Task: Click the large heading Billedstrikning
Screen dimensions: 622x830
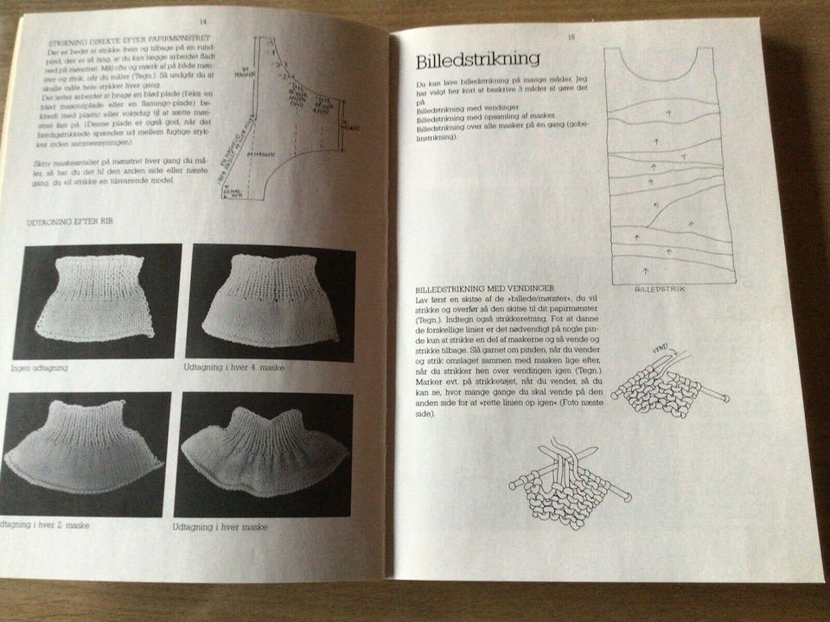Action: tap(478, 60)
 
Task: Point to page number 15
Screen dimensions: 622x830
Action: tap(571, 36)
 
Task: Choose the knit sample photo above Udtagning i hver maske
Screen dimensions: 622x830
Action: tap(263, 454)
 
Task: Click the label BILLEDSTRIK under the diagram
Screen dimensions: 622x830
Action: tap(658, 290)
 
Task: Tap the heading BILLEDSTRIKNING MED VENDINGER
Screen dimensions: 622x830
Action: tap(485, 288)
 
